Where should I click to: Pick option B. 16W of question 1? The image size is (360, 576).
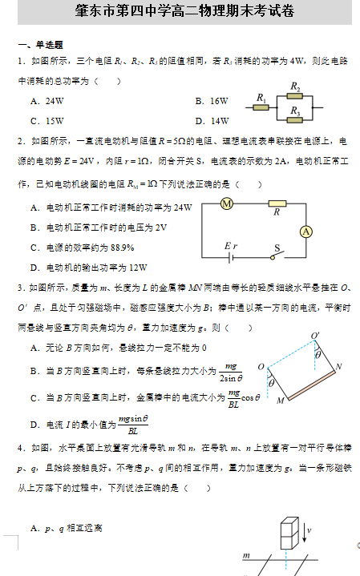click(x=212, y=101)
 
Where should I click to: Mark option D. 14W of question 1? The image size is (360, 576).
click(x=212, y=121)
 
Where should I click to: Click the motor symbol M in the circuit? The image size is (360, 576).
click(x=226, y=204)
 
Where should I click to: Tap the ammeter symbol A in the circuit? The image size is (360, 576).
click(x=305, y=231)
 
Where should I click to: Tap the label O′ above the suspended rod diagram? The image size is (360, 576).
click(x=315, y=336)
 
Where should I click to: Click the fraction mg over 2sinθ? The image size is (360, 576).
click(x=231, y=372)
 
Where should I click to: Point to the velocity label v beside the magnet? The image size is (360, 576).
click(x=309, y=530)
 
